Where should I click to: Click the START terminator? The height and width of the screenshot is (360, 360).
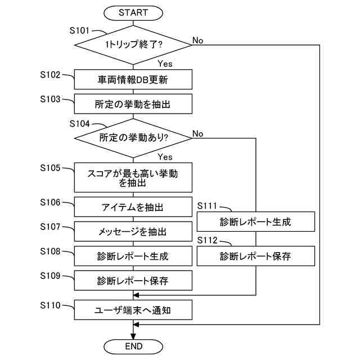133,12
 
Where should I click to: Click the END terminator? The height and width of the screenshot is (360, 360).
133,345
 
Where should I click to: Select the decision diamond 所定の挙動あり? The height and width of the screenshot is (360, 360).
133,137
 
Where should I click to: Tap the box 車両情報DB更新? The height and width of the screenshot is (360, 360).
133,80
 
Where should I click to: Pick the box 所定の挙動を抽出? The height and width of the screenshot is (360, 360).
133,104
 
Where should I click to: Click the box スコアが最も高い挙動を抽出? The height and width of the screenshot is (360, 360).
133,179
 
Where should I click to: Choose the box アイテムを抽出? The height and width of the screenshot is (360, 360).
133,208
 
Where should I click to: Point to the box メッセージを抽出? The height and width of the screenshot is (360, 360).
133,232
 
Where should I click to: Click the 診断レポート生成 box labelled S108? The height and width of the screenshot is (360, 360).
133,256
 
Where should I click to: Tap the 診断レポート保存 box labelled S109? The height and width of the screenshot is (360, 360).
133,280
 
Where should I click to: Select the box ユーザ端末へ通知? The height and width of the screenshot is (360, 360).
133,309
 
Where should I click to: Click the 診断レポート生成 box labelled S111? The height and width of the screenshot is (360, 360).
255,221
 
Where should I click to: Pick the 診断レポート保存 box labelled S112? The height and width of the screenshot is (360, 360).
255,256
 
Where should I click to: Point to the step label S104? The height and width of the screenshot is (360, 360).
79,123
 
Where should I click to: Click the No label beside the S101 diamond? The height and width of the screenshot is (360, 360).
198,40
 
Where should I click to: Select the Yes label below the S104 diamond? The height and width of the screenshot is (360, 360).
165,156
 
